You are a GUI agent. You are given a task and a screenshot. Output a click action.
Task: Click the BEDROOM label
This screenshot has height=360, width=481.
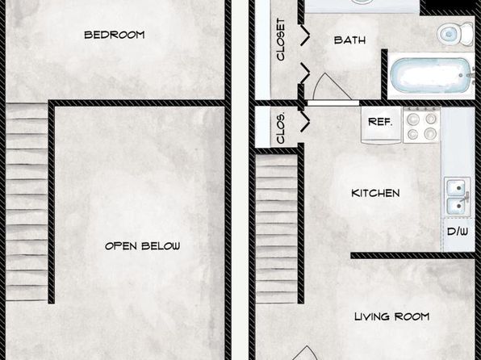(115, 35)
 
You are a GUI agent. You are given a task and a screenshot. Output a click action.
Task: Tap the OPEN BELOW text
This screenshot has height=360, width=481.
(143, 246)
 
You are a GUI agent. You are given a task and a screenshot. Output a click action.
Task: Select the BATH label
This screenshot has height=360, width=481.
(349, 40)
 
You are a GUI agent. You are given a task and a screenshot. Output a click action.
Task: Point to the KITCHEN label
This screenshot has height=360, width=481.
(375, 193)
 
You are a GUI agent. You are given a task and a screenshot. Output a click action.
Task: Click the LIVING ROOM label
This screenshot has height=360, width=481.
(392, 316)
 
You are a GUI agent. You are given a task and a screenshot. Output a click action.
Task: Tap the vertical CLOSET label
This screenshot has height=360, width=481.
(281, 40)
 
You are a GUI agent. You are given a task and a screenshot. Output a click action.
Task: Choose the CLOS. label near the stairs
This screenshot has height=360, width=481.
(281, 128)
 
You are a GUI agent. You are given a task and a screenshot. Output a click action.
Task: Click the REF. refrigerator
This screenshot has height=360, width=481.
(381, 125)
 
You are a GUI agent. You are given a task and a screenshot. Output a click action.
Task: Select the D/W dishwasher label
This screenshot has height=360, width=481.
(458, 232)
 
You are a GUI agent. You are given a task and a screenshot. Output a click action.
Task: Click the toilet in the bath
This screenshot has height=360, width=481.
(455, 33)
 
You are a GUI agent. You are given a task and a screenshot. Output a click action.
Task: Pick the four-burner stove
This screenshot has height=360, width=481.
(422, 125)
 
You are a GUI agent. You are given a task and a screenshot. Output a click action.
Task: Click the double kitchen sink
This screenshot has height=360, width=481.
(458, 196)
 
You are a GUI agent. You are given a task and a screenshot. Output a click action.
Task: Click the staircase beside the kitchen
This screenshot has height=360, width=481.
(276, 229)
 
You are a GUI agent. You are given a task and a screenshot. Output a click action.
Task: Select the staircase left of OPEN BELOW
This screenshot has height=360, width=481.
(27, 202)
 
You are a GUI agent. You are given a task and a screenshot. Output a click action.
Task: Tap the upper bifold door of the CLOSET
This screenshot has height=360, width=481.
(305, 36)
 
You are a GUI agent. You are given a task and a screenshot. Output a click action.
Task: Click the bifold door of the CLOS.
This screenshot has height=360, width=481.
(305, 122)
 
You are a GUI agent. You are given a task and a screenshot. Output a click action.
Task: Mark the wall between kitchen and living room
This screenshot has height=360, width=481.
(413, 255)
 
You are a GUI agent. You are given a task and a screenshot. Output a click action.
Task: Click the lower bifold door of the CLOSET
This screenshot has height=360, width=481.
(305, 73)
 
